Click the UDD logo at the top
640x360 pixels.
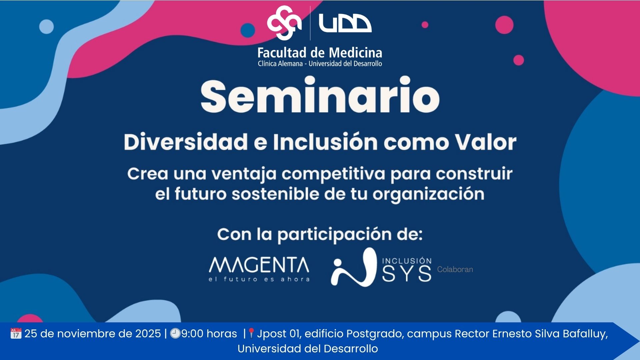(345, 23)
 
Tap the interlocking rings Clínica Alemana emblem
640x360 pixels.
(284, 22)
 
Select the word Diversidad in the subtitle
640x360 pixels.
(186, 142)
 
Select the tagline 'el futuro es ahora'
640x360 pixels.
(259, 279)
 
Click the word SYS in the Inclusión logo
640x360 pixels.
(407, 274)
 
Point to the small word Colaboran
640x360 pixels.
(455, 269)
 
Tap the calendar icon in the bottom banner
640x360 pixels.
(16, 333)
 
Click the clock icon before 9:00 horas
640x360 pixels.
(175, 333)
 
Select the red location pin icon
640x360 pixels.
(251, 333)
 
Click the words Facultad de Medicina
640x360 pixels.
(320, 53)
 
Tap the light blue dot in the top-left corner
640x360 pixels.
(46, 27)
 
